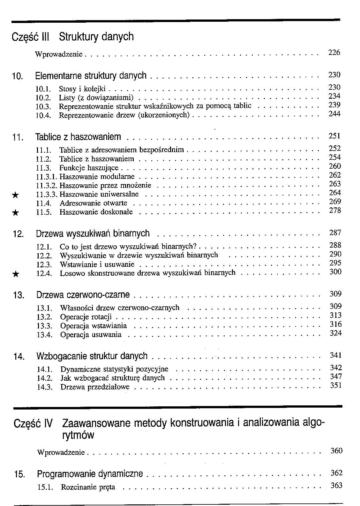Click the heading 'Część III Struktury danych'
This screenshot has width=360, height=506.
click(x=72, y=37)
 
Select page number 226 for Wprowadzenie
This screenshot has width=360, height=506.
click(x=334, y=52)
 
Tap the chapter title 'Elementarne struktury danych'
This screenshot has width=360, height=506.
click(x=91, y=76)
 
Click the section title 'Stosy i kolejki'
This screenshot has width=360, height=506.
click(x=82, y=88)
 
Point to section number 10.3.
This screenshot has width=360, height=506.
click(x=43, y=106)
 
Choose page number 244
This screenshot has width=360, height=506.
click(x=334, y=114)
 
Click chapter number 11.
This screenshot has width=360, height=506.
click(x=18, y=138)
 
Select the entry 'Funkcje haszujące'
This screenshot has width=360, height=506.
click(x=89, y=168)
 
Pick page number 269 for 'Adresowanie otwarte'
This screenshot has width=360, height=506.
click(x=335, y=202)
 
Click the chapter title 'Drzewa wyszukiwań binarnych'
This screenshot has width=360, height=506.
click(x=93, y=234)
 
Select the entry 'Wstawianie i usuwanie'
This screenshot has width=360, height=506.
click(x=97, y=264)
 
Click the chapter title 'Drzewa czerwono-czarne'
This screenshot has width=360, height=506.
click(x=83, y=295)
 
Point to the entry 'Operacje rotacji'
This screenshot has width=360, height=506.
click(x=86, y=317)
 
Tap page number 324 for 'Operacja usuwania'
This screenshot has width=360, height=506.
click(x=335, y=333)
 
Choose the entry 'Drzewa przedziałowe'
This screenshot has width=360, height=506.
click(x=95, y=387)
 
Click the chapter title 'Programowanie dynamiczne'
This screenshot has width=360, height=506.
click(x=90, y=474)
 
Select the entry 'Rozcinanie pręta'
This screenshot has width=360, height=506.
click(x=88, y=487)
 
